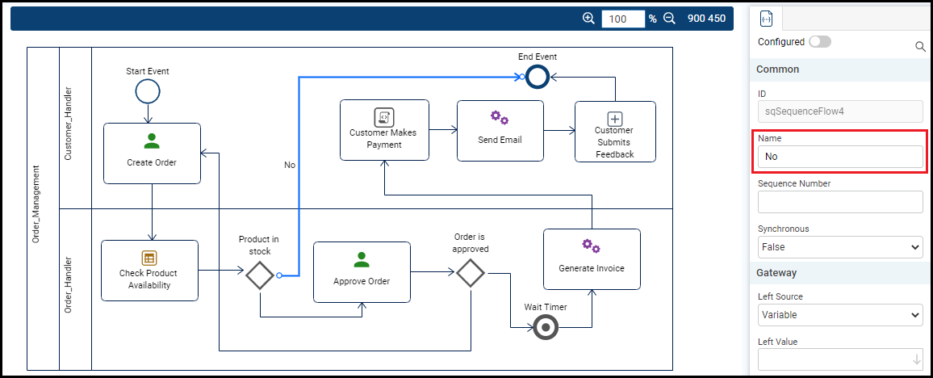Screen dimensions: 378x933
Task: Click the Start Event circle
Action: (x=148, y=91)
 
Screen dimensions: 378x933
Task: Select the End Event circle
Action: (x=538, y=77)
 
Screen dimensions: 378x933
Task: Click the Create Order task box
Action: (x=152, y=153)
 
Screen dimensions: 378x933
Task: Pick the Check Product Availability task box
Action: (x=149, y=270)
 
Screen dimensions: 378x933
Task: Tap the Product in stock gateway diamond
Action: (x=260, y=275)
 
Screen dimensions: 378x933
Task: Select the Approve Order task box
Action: (x=362, y=271)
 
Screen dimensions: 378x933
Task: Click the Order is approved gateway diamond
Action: (x=470, y=273)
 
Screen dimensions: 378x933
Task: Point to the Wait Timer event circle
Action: (x=546, y=327)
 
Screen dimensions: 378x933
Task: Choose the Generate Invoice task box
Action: (x=592, y=258)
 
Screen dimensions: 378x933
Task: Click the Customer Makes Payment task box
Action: (x=384, y=129)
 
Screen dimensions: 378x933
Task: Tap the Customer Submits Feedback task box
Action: (x=615, y=131)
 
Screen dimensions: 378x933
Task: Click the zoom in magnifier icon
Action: (x=588, y=19)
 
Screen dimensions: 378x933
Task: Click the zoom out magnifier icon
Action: (x=669, y=19)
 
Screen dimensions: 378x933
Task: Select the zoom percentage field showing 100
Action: (x=622, y=19)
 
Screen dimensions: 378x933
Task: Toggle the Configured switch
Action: (x=819, y=41)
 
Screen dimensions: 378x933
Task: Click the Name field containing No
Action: (x=839, y=157)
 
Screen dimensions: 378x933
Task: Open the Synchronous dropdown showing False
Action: (x=839, y=247)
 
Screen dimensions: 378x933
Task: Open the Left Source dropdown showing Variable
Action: (x=839, y=315)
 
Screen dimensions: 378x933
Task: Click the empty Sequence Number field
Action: (x=839, y=202)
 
